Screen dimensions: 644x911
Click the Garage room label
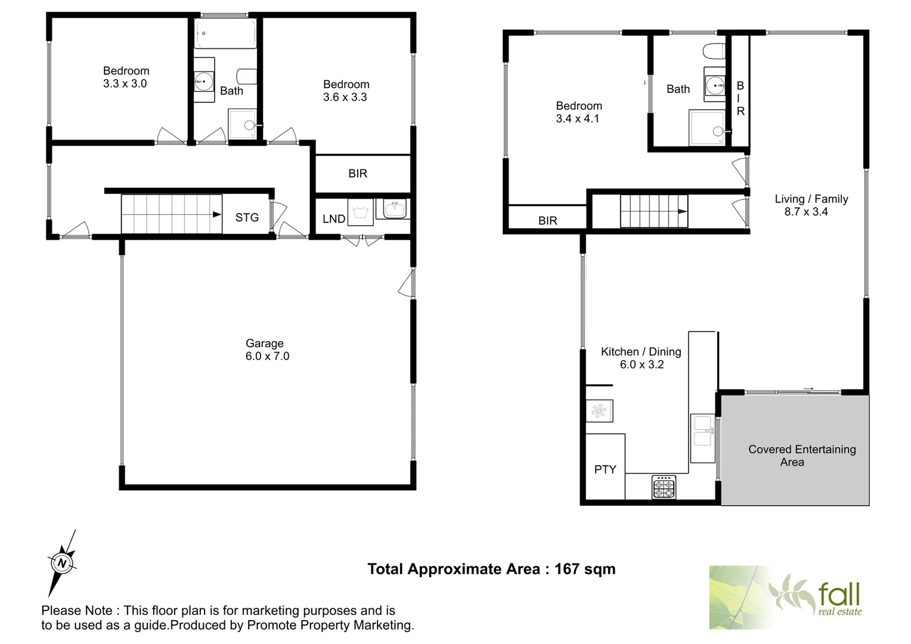264,343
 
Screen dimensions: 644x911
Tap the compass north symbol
61,562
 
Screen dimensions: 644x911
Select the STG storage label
247,218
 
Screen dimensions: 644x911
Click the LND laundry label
334,219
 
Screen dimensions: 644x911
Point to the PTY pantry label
605,470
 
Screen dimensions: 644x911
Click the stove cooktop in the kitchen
664,487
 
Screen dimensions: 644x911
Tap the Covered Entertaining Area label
801,456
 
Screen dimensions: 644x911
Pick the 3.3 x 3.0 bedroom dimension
125,84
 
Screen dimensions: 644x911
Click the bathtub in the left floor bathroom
226,33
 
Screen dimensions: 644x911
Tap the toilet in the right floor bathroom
714,52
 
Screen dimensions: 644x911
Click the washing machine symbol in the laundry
360,213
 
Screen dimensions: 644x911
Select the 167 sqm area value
585,569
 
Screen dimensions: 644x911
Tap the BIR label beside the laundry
358,174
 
